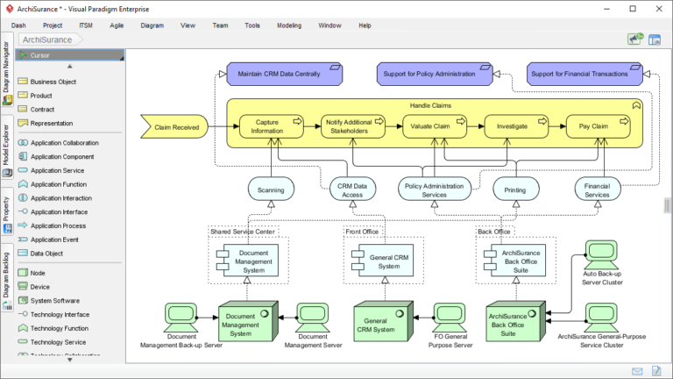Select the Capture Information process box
[266, 126]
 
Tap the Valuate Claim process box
[430, 126]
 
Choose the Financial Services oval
[598, 189]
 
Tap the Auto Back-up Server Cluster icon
[602, 255]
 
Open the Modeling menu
[289, 25]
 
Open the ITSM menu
[86, 25]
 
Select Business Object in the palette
[53, 82]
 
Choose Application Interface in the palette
[59, 211]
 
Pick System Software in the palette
[54, 300]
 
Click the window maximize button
[633, 8]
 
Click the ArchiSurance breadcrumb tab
[47, 39]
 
